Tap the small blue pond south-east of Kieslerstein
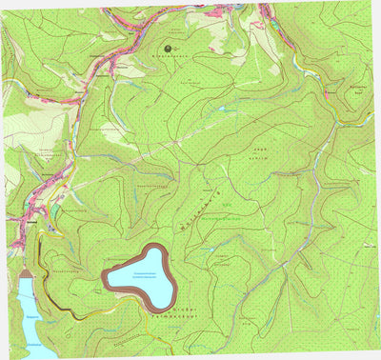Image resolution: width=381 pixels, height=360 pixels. coord(223,108)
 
